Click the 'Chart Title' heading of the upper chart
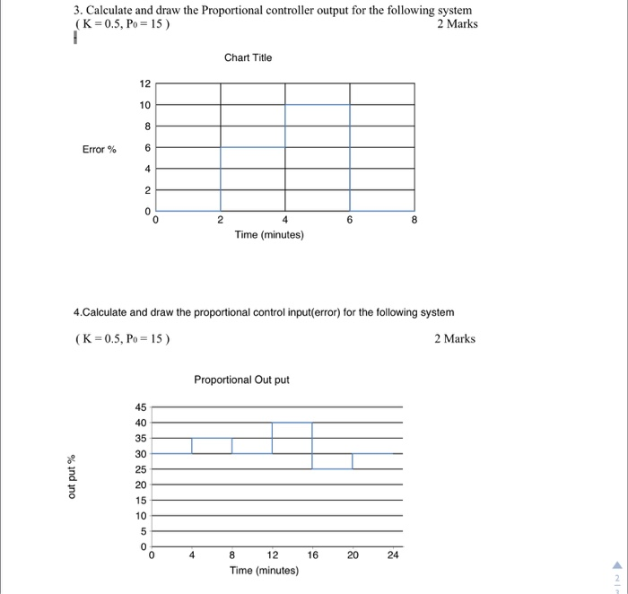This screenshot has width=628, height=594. tap(248, 57)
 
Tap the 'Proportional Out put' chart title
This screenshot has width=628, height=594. tap(241, 380)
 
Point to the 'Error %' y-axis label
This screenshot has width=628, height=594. tap(100, 149)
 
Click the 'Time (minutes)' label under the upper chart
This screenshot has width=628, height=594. tap(269, 234)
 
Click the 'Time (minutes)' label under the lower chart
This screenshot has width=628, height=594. tap(265, 570)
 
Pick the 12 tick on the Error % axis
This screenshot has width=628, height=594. tap(145, 84)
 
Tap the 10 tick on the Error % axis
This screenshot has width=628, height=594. tap(145, 105)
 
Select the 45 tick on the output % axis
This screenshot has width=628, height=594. tap(141, 406)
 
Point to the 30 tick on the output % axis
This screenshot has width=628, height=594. tap(141, 454)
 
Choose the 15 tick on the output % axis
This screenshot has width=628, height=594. tap(141, 501)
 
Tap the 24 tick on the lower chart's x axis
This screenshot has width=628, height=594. tap(392, 555)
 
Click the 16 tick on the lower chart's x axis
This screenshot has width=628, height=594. tap(312, 555)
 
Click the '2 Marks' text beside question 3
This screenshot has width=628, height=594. tap(458, 23)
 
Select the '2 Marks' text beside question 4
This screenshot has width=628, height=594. tap(455, 338)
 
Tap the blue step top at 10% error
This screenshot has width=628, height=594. tap(318, 105)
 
